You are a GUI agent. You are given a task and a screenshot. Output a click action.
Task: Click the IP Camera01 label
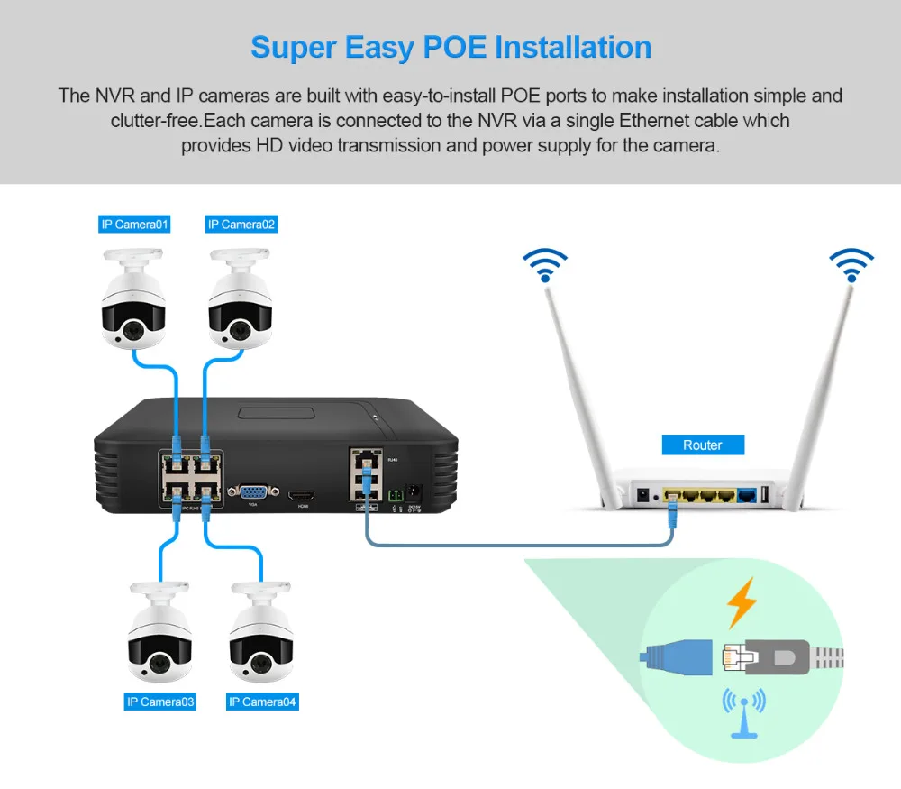134,225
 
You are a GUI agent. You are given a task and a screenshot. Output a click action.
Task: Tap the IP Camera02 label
241,225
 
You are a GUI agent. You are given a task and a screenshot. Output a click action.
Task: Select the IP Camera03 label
160,701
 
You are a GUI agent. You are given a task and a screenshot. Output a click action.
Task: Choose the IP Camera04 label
262,701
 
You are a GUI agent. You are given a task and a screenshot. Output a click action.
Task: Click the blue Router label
703,445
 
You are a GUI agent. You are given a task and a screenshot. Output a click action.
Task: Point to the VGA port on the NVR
251,492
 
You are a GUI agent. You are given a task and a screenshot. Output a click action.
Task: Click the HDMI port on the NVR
303,495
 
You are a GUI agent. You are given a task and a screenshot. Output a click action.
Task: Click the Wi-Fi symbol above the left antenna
545,264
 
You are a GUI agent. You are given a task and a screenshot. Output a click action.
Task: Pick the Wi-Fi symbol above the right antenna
851,264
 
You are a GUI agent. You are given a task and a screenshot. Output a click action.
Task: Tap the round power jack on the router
644,495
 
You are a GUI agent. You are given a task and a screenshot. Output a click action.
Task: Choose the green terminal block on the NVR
395,495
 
